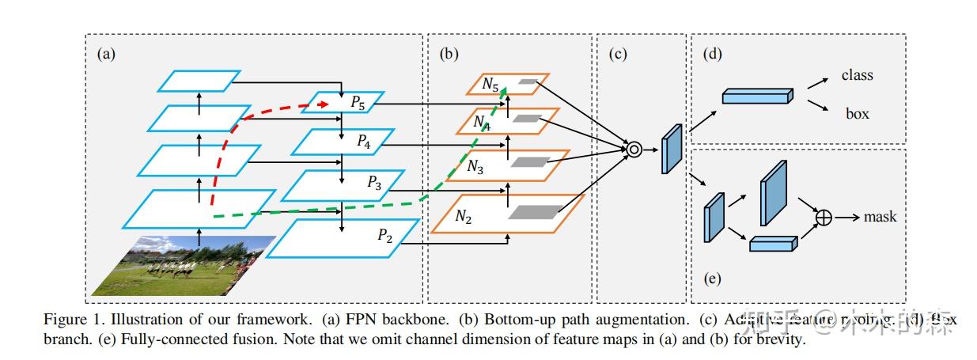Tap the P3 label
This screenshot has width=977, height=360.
coord(374,183)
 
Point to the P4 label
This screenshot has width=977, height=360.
coord(363,142)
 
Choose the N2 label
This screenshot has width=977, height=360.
coord(463,214)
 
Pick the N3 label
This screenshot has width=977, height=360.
coord(475,167)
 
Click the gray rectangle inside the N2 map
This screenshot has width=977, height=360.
coord(535,211)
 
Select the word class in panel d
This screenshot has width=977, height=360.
coord(857,75)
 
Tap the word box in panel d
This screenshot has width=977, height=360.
coord(857,114)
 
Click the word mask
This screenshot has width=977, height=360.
coord(880,216)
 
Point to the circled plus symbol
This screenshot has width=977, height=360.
coord(824,216)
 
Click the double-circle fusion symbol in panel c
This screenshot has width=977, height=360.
coord(632,147)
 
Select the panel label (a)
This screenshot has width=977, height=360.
coord(105,55)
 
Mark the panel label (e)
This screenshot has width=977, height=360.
coord(711,279)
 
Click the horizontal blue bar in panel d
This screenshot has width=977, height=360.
coord(756,96)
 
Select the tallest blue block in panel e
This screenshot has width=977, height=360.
coord(774,192)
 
